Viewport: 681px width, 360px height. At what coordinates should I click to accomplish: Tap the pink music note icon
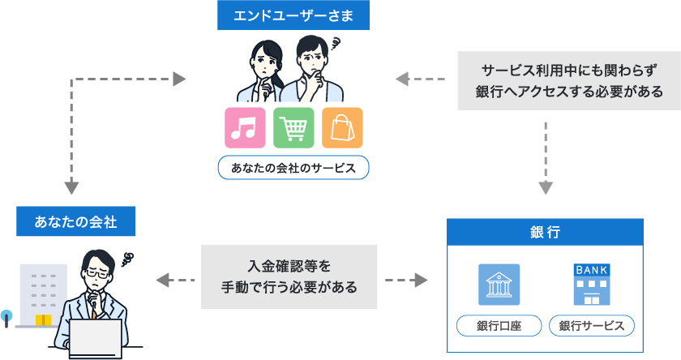coord(245,127)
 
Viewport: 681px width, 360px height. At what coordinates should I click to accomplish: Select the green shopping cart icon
coord(293,127)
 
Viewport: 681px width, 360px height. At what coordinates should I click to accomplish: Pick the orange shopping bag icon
coord(342,127)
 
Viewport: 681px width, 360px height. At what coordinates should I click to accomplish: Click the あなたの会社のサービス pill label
coord(293,168)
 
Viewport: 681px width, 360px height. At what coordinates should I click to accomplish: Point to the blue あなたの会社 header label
coord(75,221)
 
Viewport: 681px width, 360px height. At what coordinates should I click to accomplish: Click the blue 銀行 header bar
coord(545,233)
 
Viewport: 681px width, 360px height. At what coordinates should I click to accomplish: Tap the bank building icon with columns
coord(499,285)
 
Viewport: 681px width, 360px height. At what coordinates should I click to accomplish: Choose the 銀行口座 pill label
coord(499,326)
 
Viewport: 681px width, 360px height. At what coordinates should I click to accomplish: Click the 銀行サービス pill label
coord(592,326)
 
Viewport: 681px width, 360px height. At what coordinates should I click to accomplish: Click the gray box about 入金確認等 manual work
coord(289,277)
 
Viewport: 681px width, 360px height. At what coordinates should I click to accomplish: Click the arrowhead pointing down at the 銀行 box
coord(546,188)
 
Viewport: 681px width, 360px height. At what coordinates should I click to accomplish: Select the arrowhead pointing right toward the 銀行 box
coord(421,281)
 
